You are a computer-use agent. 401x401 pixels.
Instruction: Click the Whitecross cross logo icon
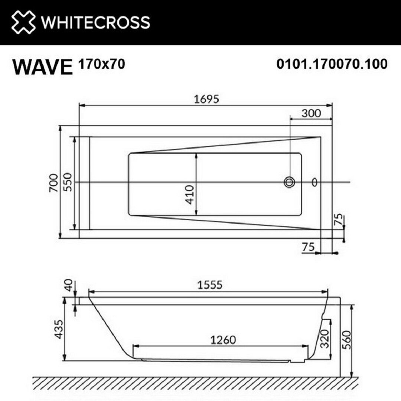click(x=23, y=22)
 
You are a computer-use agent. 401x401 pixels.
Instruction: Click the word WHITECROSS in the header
click(x=96, y=22)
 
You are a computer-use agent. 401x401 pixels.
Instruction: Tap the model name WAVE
click(x=42, y=67)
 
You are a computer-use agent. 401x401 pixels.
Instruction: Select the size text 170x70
click(x=102, y=64)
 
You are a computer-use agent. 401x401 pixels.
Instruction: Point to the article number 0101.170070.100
click(x=332, y=64)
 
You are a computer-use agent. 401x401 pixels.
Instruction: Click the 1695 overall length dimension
click(x=206, y=99)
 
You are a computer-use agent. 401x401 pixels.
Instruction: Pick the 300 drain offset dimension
click(x=311, y=113)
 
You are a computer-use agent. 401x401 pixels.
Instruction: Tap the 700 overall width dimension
click(x=54, y=183)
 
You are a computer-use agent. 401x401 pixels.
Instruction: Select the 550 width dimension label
click(x=68, y=182)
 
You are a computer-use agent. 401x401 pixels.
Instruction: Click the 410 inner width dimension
click(x=189, y=195)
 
